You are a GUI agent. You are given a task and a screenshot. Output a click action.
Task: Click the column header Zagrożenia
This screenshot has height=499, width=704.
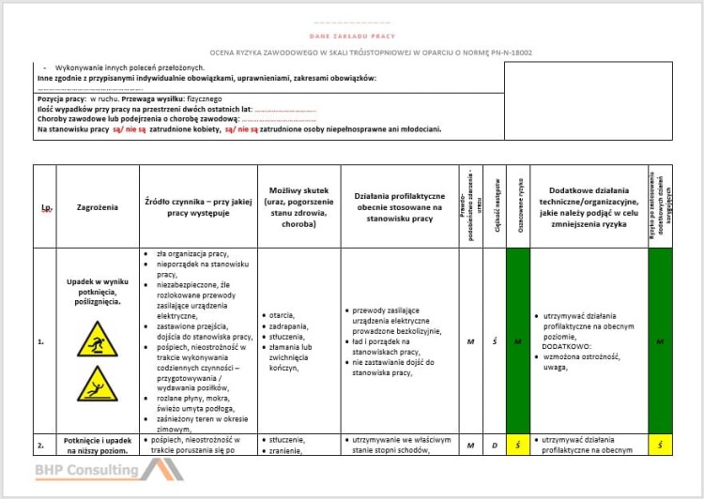click(98, 206)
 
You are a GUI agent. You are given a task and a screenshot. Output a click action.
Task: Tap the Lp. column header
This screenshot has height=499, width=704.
click(45, 207)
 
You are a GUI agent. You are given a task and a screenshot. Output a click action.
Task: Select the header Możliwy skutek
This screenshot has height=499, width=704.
click(298, 206)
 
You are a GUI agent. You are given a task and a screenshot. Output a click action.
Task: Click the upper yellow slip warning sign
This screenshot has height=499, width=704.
click(98, 340)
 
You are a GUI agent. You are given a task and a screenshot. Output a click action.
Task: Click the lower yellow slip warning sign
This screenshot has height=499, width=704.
click(98, 383)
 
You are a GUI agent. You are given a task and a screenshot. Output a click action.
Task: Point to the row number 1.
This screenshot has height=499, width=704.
click(41, 341)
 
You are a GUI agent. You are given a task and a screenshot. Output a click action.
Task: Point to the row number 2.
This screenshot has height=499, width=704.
click(41, 445)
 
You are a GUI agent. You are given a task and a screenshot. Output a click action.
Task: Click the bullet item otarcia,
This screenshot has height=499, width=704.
click(283, 315)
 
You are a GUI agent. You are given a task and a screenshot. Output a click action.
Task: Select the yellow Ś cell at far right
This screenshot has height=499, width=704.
click(660, 445)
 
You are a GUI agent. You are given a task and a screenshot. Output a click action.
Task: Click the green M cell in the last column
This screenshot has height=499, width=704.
click(660, 341)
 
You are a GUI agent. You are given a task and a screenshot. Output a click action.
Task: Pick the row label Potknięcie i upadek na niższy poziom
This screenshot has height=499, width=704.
click(98, 445)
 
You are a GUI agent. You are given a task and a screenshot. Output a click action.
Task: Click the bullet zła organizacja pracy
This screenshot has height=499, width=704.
click(193, 254)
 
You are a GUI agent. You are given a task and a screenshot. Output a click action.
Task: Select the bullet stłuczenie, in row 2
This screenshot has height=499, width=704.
click(286, 439)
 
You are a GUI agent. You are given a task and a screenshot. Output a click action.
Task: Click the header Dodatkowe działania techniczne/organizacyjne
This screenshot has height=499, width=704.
click(589, 206)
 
